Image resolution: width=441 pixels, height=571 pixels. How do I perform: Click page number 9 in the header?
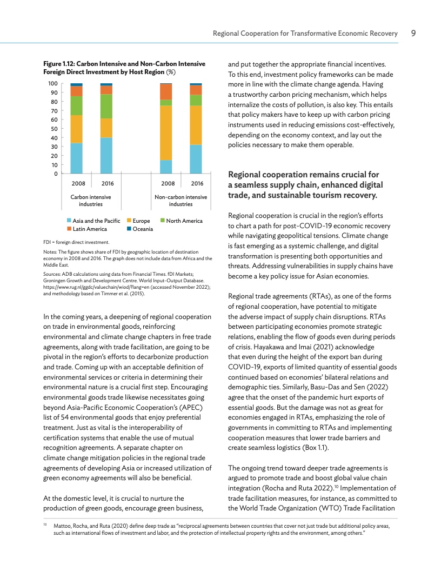413,34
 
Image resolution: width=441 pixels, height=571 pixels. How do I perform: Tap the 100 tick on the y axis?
53,84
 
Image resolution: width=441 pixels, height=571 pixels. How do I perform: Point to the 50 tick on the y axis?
53,129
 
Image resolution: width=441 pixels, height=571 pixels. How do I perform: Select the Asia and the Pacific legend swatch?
69,221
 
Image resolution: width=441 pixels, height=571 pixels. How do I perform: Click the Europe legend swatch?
129,221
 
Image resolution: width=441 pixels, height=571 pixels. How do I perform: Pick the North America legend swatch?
163,221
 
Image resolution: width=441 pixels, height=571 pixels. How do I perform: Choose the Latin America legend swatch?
69,229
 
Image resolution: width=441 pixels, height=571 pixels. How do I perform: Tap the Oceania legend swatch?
129,229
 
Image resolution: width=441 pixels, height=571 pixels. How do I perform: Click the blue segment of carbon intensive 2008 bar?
77,158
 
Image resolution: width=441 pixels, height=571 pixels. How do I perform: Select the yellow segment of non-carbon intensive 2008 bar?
166,132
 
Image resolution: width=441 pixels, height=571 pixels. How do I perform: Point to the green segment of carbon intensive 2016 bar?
106,106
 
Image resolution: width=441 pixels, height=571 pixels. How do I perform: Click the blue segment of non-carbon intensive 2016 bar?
196,159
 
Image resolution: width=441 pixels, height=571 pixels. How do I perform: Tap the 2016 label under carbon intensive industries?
106,184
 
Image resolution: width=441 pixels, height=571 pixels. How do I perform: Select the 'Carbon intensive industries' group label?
91,201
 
